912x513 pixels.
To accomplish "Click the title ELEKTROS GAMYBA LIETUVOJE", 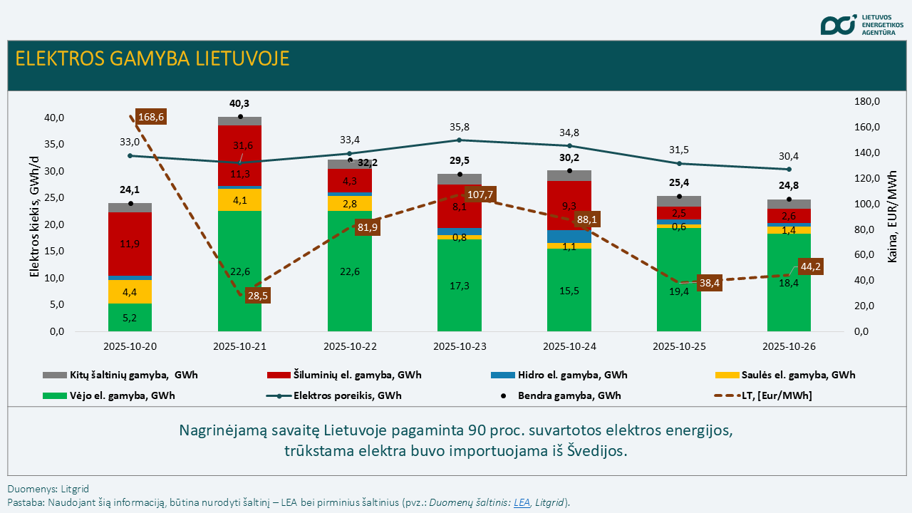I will [x=152, y=58].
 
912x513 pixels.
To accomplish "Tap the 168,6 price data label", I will [x=151, y=116].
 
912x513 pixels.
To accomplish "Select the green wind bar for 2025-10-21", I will [x=239, y=271].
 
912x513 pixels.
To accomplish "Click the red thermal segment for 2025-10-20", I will [x=130, y=244].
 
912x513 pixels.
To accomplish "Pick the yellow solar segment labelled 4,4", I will [x=130, y=292].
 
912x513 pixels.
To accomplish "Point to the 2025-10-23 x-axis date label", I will [x=459, y=346].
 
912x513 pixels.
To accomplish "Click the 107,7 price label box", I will [x=480, y=195].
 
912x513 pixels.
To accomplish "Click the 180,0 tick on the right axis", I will [x=866, y=102].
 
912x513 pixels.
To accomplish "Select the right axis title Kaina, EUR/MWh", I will [x=892, y=217].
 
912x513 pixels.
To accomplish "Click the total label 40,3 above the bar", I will [x=239, y=103].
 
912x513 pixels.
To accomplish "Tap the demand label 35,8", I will [x=460, y=127].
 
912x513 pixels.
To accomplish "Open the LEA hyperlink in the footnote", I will [x=522, y=502].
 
